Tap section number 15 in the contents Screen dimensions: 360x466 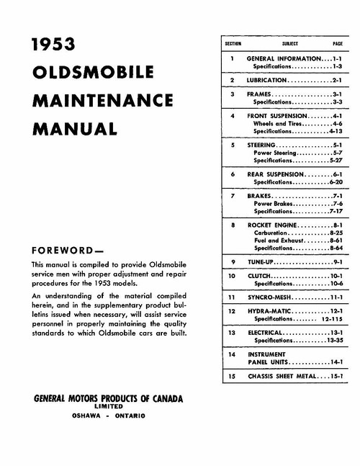pyautogui.click(x=233, y=375)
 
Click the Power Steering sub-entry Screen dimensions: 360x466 pyautogui.click(x=276, y=152)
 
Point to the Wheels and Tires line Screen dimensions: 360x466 pyautogui.click(x=279, y=123)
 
